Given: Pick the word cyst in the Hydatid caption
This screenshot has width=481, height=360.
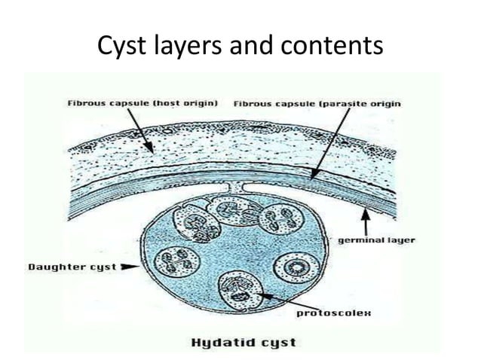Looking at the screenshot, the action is (x=277, y=343).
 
